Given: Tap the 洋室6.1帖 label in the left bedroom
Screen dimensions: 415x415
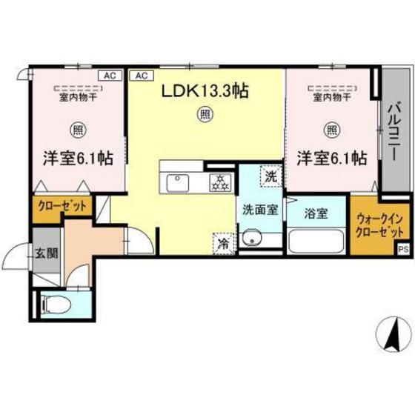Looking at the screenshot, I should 76,159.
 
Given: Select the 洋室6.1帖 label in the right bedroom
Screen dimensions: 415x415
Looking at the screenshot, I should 333,158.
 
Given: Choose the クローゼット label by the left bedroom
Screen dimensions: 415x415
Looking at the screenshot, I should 62,206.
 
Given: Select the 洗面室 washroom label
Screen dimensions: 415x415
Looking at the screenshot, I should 259,209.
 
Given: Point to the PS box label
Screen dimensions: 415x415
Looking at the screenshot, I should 403,250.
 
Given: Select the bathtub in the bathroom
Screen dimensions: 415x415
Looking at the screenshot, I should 316,242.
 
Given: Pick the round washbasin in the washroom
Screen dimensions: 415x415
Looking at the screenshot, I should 254,239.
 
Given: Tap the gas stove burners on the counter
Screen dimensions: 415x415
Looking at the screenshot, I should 219,180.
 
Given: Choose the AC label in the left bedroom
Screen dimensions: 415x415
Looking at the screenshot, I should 108,76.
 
